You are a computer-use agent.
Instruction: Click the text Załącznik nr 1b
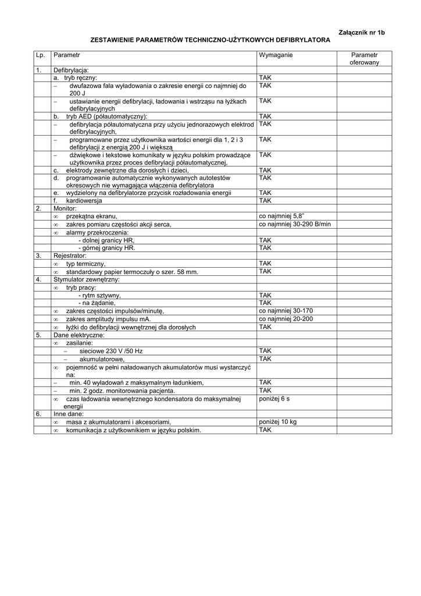pos(361,32)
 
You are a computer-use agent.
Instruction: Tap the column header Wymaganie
pos(276,55)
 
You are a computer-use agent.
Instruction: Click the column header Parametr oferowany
pos(365,58)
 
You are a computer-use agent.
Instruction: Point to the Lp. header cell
pos(40,55)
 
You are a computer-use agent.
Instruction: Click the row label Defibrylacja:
pos(71,70)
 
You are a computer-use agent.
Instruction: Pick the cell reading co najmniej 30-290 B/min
pos(295,223)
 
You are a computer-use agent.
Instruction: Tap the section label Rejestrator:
pos(70,256)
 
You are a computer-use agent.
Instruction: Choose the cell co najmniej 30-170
pos(286,311)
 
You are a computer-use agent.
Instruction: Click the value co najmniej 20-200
pos(286,319)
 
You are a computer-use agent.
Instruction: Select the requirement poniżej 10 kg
pos(278,422)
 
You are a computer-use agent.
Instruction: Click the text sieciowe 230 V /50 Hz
pos(111,351)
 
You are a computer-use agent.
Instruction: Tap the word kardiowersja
pos(84,200)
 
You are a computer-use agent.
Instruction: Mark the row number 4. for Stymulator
pos(38,279)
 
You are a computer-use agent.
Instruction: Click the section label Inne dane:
pos(69,414)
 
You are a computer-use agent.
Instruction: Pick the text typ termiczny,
pos(86,264)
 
